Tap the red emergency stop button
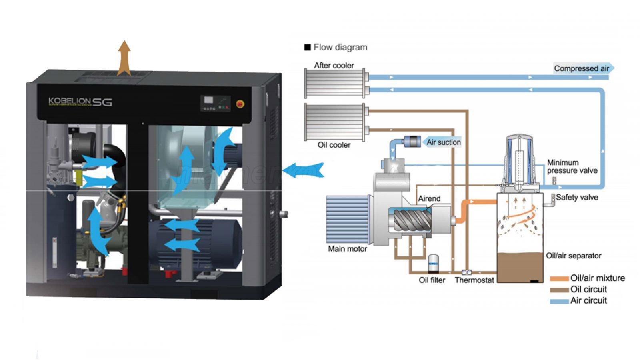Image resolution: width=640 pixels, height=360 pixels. [240, 104]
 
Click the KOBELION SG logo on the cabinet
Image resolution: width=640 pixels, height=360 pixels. [80, 102]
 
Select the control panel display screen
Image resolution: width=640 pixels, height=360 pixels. [208, 100]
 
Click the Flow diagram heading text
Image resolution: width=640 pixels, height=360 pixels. [340, 47]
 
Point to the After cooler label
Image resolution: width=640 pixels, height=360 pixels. [334, 65]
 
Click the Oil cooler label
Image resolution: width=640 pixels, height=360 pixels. [334, 145]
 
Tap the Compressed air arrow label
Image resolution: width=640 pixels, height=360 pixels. [582, 68]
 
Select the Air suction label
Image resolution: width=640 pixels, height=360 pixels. [443, 142]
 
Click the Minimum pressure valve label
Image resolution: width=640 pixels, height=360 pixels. [572, 166]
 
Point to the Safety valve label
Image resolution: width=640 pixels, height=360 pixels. [577, 197]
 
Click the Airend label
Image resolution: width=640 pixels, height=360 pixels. [429, 198]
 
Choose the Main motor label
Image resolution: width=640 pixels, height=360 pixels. [347, 249]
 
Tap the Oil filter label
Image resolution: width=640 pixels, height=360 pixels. [432, 280]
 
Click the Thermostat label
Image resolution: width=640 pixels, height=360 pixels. [474, 280]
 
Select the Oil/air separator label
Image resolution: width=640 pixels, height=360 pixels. [574, 256]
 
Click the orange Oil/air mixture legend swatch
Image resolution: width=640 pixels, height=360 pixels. [559, 278]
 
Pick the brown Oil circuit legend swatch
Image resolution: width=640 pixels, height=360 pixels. [559, 290]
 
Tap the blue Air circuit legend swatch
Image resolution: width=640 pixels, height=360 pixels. [559, 301]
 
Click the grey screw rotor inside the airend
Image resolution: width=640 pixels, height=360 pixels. [412, 220]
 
